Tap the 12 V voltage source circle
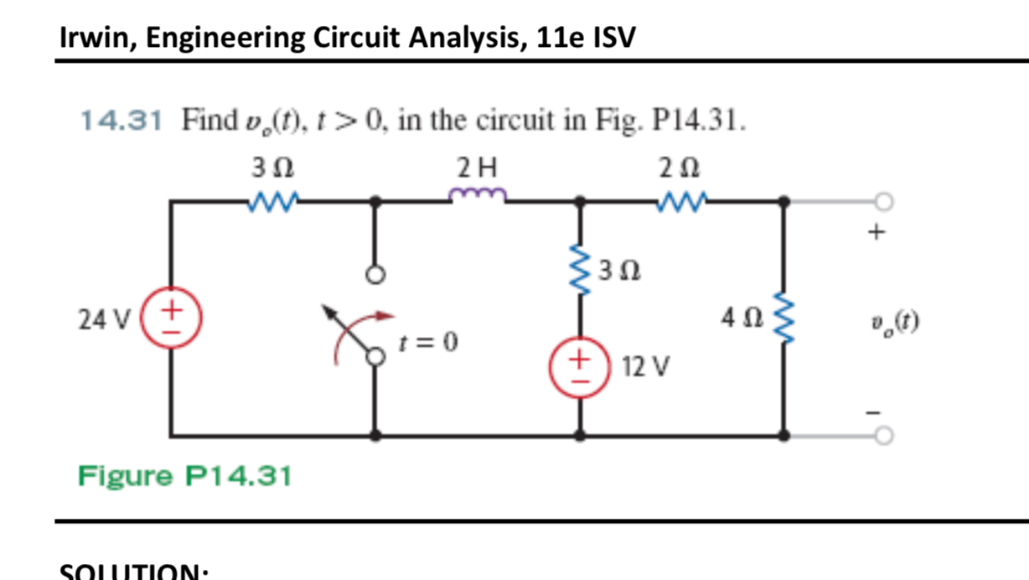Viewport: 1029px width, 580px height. [578, 367]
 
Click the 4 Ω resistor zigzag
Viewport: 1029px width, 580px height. [784, 319]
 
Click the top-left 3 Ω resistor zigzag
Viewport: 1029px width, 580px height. [273, 200]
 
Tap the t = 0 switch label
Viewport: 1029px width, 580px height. [428, 343]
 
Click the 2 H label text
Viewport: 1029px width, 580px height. [478, 168]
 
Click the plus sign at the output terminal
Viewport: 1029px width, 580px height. [876, 232]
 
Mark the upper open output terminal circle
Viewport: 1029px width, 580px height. [883, 202]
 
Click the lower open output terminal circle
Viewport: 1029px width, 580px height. [883, 436]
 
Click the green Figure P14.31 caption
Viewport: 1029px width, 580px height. [184, 476]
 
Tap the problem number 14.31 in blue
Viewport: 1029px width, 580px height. [121, 122]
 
